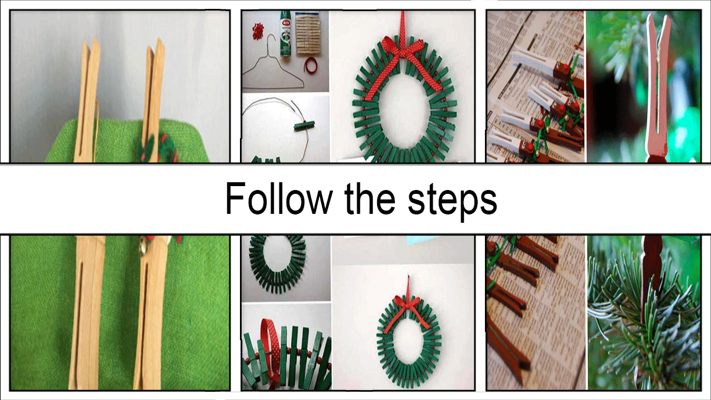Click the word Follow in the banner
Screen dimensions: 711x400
click(278, 199)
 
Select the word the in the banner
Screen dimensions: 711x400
click(370, 199)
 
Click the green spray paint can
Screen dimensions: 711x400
click(286, 34)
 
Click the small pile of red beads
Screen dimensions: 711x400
click(258, 29)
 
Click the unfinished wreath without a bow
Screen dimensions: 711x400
click(278, 262)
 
